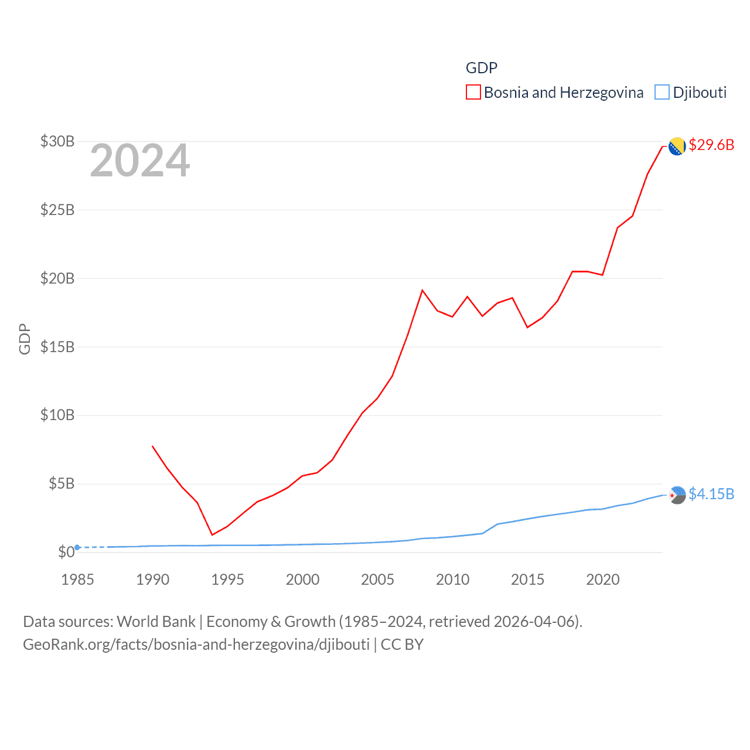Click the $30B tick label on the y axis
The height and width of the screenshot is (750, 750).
click(57, 141)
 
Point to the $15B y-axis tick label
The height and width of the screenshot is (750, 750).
click(57, 347)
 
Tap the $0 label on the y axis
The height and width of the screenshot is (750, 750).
click(66, 552)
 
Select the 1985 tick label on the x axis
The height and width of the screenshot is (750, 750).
click(77, 579)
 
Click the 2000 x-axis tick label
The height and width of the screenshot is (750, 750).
click(302, 579)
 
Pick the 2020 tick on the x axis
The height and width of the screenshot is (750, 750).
click(602, 579)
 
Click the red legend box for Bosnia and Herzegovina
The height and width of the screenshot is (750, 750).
click(473, 92)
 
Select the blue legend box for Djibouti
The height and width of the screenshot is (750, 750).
click(662, 92)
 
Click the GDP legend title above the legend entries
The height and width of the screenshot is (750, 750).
click(482, 68)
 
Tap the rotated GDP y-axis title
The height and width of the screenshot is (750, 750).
click(25, 339)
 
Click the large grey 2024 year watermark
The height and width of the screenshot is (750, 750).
click(139, 161)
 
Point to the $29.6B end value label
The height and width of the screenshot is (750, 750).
click(711, 145)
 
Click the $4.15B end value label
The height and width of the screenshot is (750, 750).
click(711, 494)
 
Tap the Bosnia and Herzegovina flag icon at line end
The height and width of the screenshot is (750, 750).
click(677, 146)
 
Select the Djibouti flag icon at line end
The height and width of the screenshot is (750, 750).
click(677, 495)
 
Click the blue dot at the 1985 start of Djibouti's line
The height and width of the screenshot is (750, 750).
click(77, 547)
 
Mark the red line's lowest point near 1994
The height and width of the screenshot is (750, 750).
click(212, 534)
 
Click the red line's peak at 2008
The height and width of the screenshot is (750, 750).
click(422, 290)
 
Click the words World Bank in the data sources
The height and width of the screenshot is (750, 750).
click(156, 621)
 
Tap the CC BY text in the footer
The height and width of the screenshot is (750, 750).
click(402, 645)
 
